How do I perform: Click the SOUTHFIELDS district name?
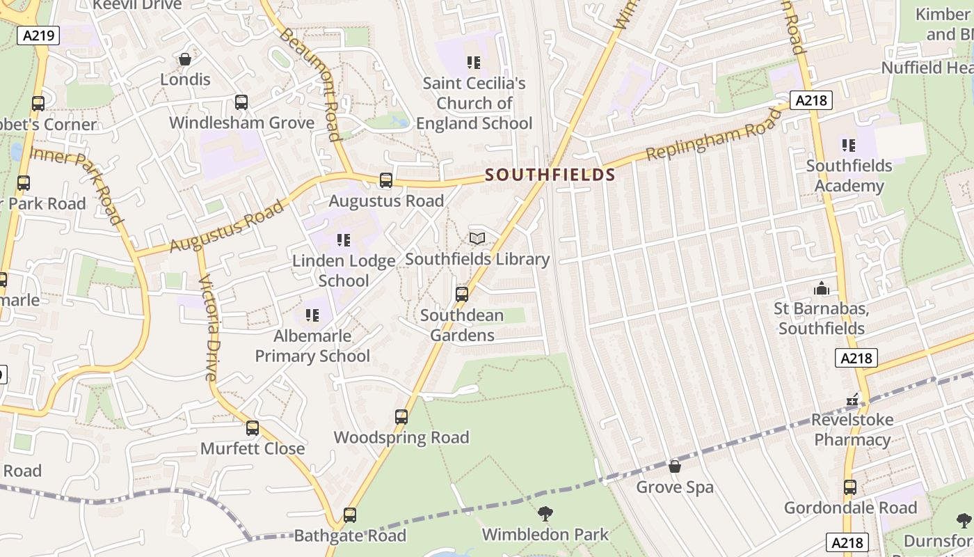550,174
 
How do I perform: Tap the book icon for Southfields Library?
477,239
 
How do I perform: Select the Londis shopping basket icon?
185,59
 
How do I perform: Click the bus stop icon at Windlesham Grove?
241,102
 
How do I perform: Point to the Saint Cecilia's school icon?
474,63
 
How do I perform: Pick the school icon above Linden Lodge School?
344,240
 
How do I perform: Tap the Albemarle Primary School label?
312,346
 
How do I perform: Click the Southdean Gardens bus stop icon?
462,295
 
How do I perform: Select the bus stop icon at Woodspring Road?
401,417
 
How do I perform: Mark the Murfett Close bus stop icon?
253,428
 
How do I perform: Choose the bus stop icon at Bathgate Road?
350,515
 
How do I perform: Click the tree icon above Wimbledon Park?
545,514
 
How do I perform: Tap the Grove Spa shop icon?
674,466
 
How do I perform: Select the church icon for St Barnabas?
822,288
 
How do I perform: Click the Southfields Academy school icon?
849,146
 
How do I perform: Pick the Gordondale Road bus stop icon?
850,487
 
